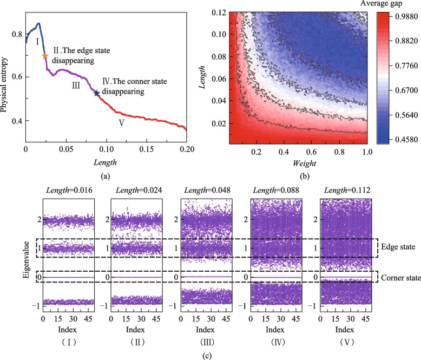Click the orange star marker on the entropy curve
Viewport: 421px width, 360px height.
tap(45, 56)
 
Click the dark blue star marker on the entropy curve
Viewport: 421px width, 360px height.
tap(97, 93)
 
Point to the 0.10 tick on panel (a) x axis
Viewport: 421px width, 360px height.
tap(106, 148)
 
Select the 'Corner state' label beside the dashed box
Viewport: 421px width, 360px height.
tap(401, 277)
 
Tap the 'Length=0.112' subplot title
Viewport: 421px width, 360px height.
tap(346, 189)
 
